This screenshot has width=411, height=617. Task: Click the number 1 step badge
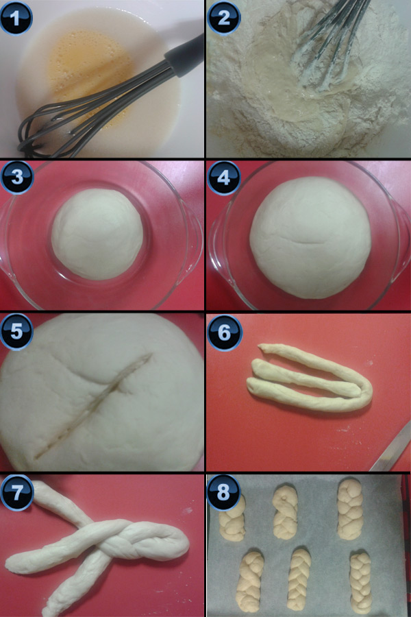[x=16, y=17]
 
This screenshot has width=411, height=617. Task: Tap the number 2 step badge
[x=223, y=18]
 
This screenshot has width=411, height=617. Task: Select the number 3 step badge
[x=17, y=177]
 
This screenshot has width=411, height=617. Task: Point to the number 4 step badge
[x=223, y=178]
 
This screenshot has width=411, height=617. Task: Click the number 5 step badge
[x=16, y=331]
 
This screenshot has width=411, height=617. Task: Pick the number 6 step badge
[x=224, y=332]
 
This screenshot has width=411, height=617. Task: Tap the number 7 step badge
[x=16, y=492]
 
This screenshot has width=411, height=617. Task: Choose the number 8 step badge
[x=223, y=492]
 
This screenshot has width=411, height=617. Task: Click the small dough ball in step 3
[x=97, y=234]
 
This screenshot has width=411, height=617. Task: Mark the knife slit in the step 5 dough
[x=95, y=405]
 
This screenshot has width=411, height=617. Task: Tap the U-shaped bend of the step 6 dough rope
[x=364, y=391]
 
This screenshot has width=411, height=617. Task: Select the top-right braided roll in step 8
[x=349, y=509]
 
